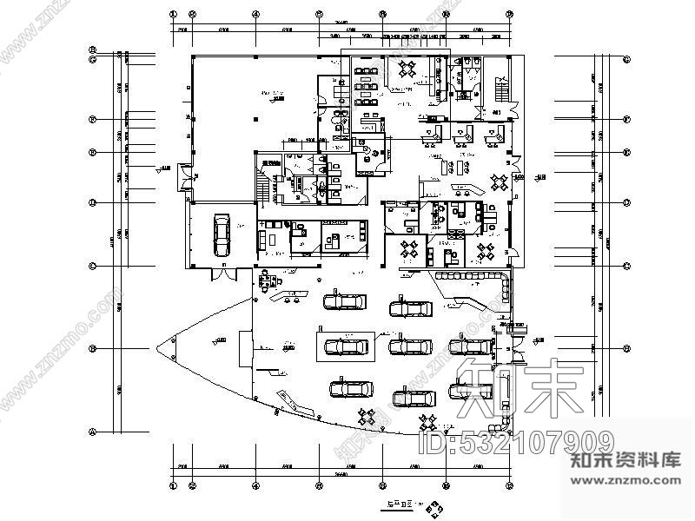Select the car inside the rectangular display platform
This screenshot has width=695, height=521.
pyautogui.click(x=346, y=346)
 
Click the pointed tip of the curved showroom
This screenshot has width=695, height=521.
pyautogui.click(x=159, y=349)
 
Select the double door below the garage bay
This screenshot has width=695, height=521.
pyautogui.click(x=223, y=274)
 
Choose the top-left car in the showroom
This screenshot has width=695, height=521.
pyautogui.click(x=346, y=302)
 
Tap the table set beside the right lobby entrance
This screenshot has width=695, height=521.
pyautogui.click(x=500, y=181)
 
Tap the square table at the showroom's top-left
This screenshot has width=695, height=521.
pyautogui.click(x=269, y=280)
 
